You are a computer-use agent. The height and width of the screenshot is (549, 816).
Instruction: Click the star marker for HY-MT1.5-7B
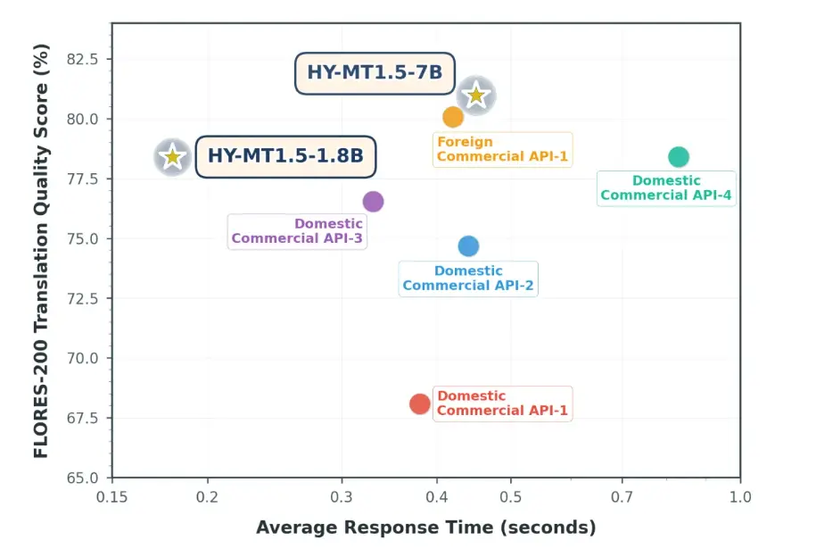pyautogui.click(x=476, y=95)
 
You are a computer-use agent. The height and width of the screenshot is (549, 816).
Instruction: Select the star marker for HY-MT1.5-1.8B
pyautogui.click(x=172, y=157)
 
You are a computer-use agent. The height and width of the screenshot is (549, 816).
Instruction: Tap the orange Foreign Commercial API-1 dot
pyautogui.click(x=453, y=117)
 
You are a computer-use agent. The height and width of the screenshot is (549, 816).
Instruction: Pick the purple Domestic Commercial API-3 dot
pyautogui.click(x=373, y=202)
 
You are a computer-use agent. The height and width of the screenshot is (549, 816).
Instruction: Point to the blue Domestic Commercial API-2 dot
pyautogui.click(x=468, y=245)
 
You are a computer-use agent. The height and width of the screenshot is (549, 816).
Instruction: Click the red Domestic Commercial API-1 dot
pyautogui.click(x=420, y=403)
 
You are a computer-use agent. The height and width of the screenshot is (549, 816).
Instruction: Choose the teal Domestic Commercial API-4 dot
pyautogui.click(x=679, y=157)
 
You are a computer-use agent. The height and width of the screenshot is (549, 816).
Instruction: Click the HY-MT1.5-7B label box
pyautogui.click(x=375, y=72)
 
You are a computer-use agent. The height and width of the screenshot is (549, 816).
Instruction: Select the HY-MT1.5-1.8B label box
pyautogui.click(x=285, y=156)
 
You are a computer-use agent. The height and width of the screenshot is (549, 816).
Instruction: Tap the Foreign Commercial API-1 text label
pyautogui.click(x=503, y=149)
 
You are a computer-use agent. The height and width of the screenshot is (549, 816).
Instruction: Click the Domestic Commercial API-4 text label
pyautogui.click(x=666, y=187)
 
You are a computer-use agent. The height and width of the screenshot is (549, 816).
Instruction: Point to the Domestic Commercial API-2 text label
pyautogui.click(x=468, y=279)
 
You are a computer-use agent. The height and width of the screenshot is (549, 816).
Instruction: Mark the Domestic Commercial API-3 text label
pyautogui.click(x=297, y=231)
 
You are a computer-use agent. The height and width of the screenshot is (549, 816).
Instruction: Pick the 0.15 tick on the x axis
pyautogui.click(x=111, y=497)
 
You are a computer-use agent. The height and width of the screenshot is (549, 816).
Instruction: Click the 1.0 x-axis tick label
pyautogui.click(x=740, y=497)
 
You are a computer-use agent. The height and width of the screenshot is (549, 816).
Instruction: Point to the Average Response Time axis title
pyautogui.click(x=425, y=528)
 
